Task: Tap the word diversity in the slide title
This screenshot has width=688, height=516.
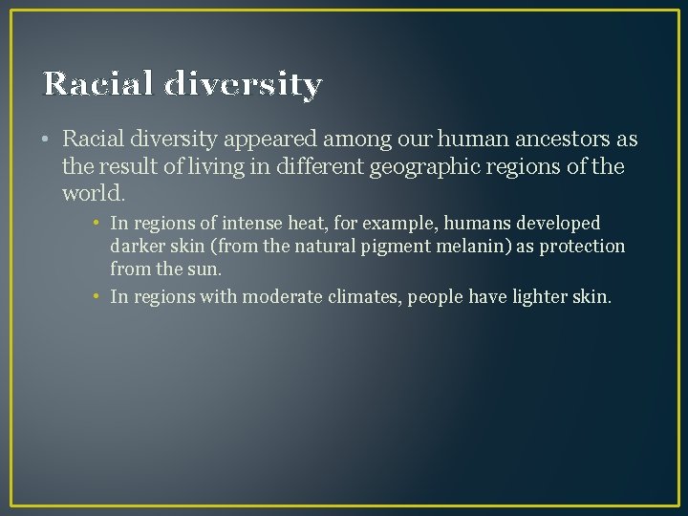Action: pos(243,84)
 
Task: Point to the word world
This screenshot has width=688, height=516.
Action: pos(92,194)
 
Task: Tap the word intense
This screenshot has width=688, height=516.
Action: pos(237,224)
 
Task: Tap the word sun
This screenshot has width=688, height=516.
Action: pos(205,269)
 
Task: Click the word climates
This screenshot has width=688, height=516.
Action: pos(362,296)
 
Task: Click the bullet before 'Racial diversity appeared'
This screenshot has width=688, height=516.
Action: pos(47,140)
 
